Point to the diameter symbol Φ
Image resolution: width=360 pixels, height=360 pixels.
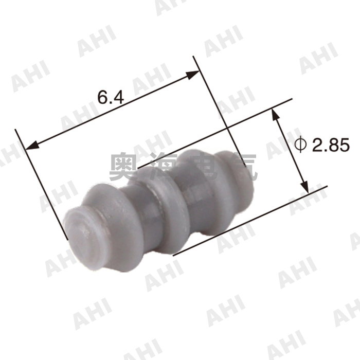pos(301,145)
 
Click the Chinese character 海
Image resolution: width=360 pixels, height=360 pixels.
pos(166,166)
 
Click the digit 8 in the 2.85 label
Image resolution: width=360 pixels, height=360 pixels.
pos(333,146)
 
